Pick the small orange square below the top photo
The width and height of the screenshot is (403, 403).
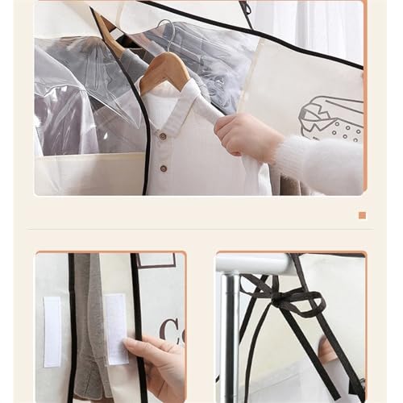pyautogui.click(x=362, y=215)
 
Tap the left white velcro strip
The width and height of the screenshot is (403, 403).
pyautogui.click(x=52, y=331)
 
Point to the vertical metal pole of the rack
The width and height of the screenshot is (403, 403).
pyautogui.click(x=232, y=339)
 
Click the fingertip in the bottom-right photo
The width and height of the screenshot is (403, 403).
pyautogui.click(x=327, y=351)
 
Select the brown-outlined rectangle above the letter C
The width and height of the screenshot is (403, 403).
pyautogui.click(x=156, y=260)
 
